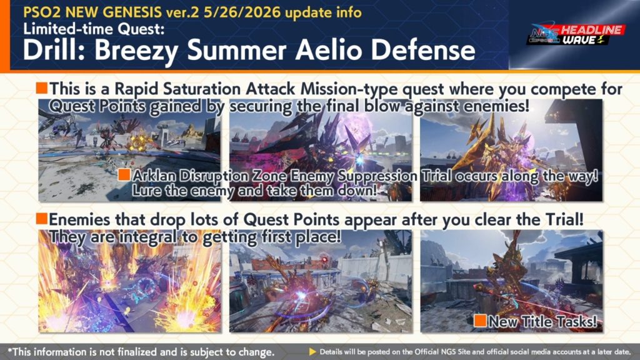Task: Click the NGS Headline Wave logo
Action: click(x=576, y=35)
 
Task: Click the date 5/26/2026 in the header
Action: click(x=242, y=12)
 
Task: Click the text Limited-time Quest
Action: click(x=94, y=29)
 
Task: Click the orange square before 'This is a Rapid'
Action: click(x=42, y=87)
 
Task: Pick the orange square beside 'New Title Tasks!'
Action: click(x=480, y=321)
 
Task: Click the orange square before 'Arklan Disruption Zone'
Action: click(x=124, y=175)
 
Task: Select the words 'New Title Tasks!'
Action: click(x=543, y=322)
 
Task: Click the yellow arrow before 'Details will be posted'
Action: click(x=312, y=351)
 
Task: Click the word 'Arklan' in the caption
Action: click(x=154, y=176)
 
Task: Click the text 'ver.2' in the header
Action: click(x=182, y=12)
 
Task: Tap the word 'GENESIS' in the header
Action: click(x=132, y=12)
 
